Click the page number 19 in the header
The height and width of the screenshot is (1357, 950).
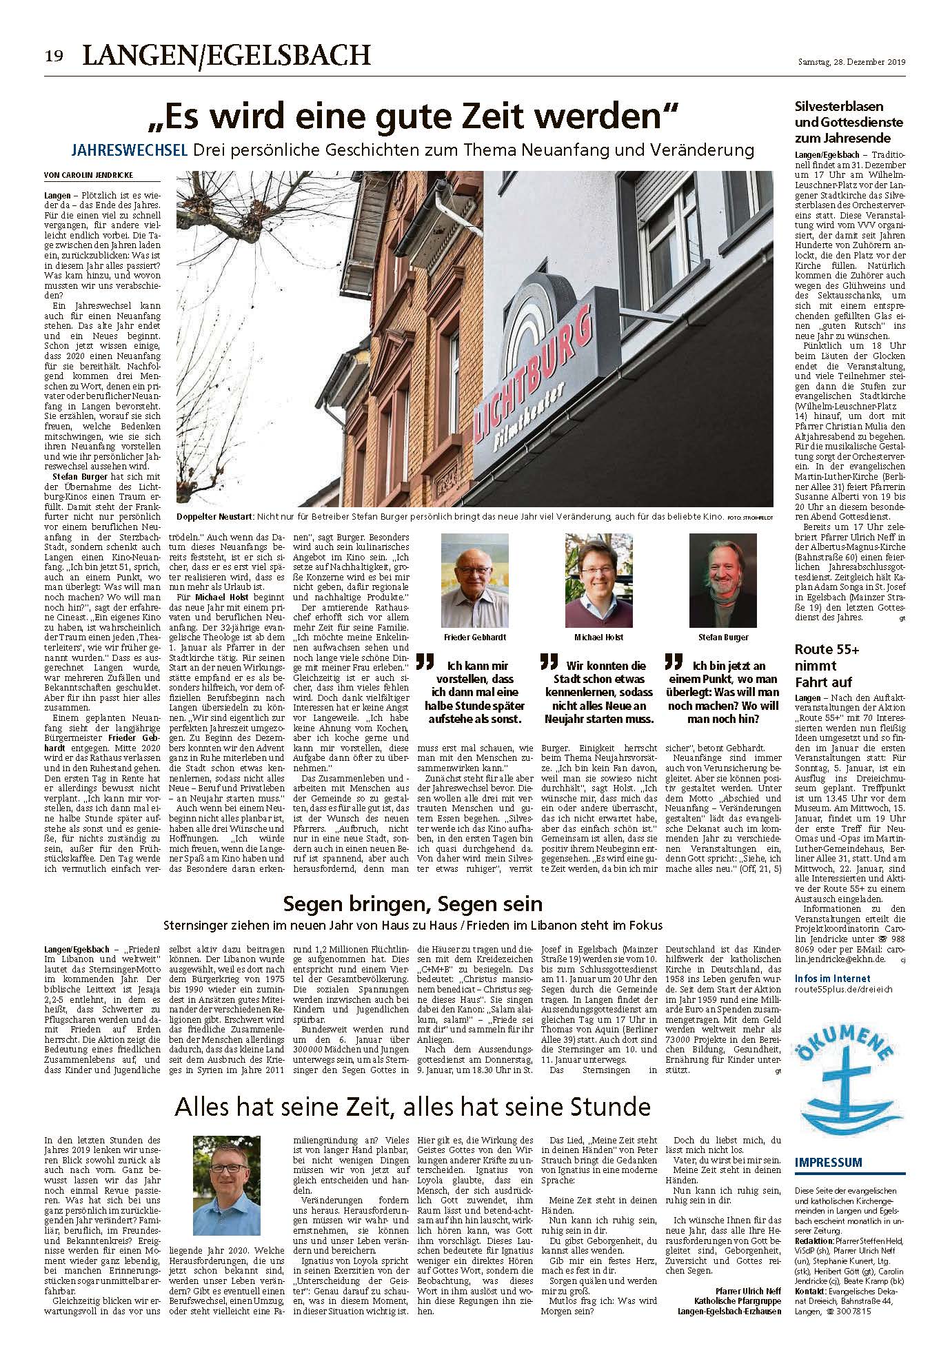(x=55, y=56)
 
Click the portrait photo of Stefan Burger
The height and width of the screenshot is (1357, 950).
(x=718, y=578)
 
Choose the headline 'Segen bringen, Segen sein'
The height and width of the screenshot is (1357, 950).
(x=413, y=904)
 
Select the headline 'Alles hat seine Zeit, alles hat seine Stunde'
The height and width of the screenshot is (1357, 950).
(x=412, y=1107)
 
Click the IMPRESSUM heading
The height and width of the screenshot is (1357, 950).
(x=828, y=1163)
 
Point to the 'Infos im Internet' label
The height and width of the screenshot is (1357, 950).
(x=832, y=979)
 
